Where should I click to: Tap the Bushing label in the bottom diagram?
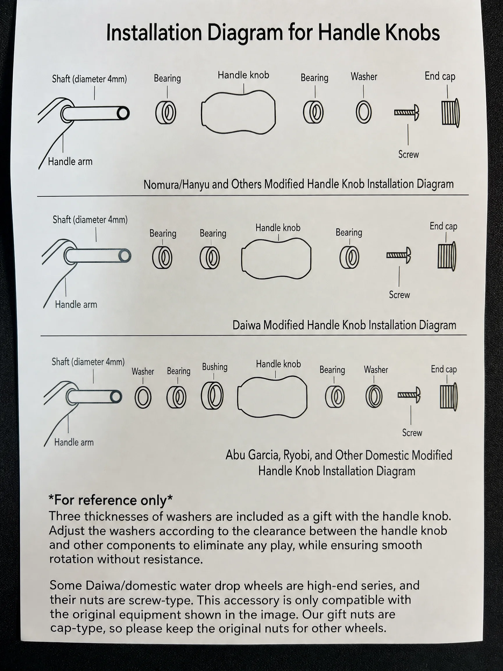point(215,367)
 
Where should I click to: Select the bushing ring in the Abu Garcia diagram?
point(212,396)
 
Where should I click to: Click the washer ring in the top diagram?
point(364,112)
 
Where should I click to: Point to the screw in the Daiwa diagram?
point(398,255)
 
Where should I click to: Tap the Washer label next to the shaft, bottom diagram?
point(143,372)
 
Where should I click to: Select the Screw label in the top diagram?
point(408,155)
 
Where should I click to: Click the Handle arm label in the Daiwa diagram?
point(76,305)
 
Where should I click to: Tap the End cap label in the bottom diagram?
point(444,370)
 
